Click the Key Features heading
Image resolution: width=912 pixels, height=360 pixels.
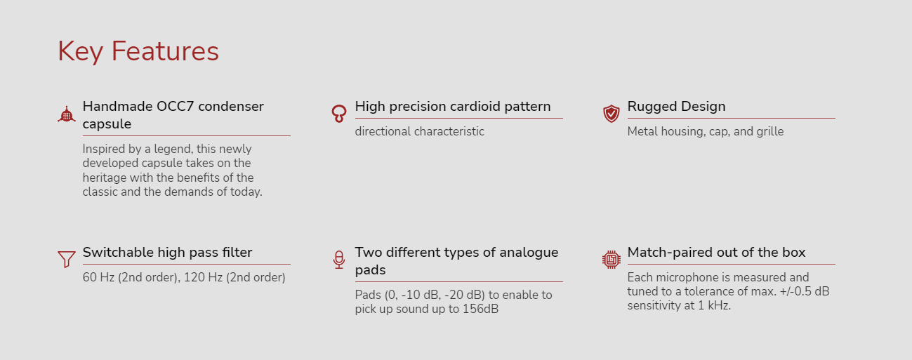(x=138, y=52)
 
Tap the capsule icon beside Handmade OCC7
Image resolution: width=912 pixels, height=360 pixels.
(x=67, y=114)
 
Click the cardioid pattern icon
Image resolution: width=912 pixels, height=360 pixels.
(x=338, y=114)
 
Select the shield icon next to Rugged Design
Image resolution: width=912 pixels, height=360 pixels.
(x=611, y=114)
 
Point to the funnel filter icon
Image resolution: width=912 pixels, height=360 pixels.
(x=67, y=259)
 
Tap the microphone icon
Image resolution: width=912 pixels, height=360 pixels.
(x=338, y=260)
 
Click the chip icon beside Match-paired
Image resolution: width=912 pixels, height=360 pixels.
(x=611, y=260)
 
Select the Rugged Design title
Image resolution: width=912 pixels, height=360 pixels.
(x=676, y=107)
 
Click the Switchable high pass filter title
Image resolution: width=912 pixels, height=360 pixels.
(x=167, y=253)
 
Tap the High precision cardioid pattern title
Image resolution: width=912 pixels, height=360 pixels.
(x=453, y=107)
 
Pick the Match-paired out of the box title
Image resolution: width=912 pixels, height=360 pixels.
(x=716, y=253)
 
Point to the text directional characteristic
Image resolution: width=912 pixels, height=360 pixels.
(x=419, y=132)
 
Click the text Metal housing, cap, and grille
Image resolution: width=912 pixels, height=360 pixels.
(x=705, y=132)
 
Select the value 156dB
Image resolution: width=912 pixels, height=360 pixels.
(x=480, y=309)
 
